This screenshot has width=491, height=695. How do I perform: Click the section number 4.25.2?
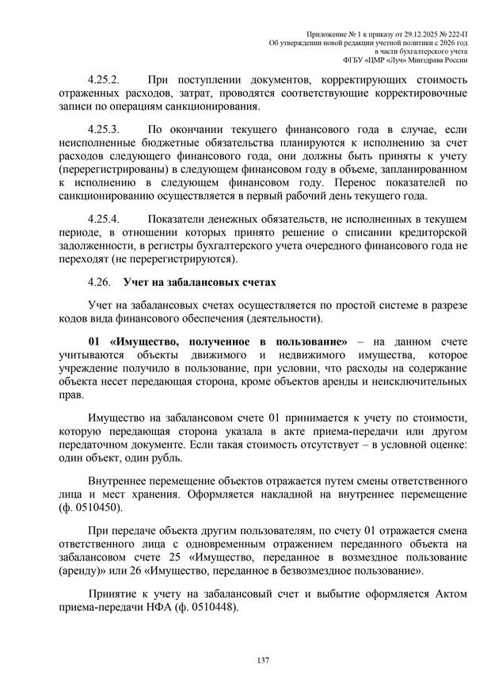(x=104, y=80)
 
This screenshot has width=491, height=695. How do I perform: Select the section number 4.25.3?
(x=104, y=128)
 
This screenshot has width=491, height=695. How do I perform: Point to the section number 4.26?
(x=100, y=282)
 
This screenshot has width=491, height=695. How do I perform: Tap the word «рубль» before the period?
(x=163, y=458)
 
